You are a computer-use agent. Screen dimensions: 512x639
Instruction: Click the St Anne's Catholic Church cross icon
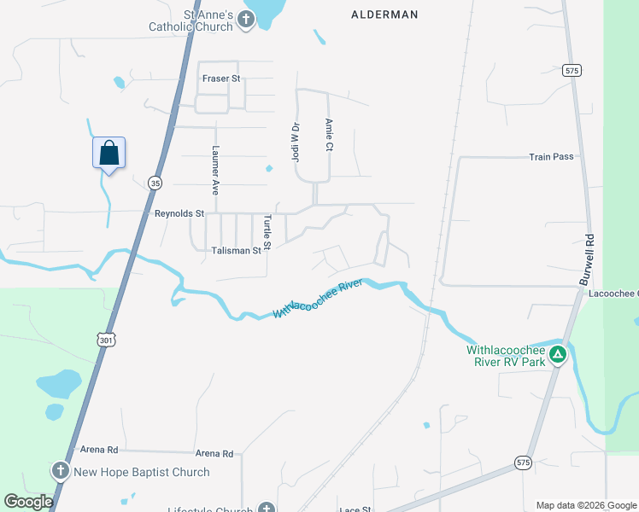tap(246, 20)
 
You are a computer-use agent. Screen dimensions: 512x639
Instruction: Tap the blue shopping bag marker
tap(108, 154)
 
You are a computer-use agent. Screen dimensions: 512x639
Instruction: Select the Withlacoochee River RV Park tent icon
tap(558, 354)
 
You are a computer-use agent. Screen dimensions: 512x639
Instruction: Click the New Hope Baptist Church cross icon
tap(60, 471)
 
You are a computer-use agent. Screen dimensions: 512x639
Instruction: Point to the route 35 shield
tap(155, 183)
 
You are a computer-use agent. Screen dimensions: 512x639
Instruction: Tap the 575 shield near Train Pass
tap(572, 71)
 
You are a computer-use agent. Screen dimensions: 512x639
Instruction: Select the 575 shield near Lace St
tap(522, 463)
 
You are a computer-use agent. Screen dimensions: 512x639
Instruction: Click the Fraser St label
tap(222, 79)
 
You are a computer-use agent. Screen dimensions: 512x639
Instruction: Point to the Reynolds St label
tap(179, 213)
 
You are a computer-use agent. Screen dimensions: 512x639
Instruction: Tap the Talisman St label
tap(236, 251)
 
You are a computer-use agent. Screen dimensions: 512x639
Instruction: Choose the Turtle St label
tap(267, 232)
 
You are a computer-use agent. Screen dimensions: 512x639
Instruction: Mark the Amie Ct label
tap(328, 135)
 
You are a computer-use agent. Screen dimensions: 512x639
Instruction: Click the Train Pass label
tap(551, 157)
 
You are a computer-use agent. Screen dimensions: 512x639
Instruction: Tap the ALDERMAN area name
tap(384, 15)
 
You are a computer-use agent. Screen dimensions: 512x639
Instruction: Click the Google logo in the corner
tap(28, 502)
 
